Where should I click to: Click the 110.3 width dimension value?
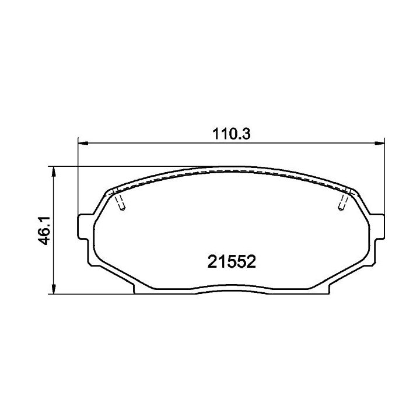pos(232,134)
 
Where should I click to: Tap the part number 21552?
pos(232,262)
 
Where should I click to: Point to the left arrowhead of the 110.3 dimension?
pos(83,143)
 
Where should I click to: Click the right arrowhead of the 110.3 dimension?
pos(379,143)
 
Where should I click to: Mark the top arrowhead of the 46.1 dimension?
pos(54,171)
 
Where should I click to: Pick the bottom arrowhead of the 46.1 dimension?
pos(54,289)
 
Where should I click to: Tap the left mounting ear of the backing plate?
pos(83,226)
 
